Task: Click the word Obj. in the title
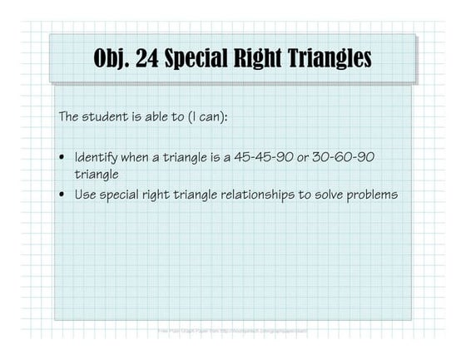[x=116, y=59]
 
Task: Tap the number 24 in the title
[x=157, y=59]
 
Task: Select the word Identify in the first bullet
[x=99, y=156]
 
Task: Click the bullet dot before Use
[x=63, y=195]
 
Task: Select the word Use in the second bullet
[x=87, y=195]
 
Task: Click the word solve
[x=334, y=195]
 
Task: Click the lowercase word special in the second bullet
[x=126, y=195]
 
